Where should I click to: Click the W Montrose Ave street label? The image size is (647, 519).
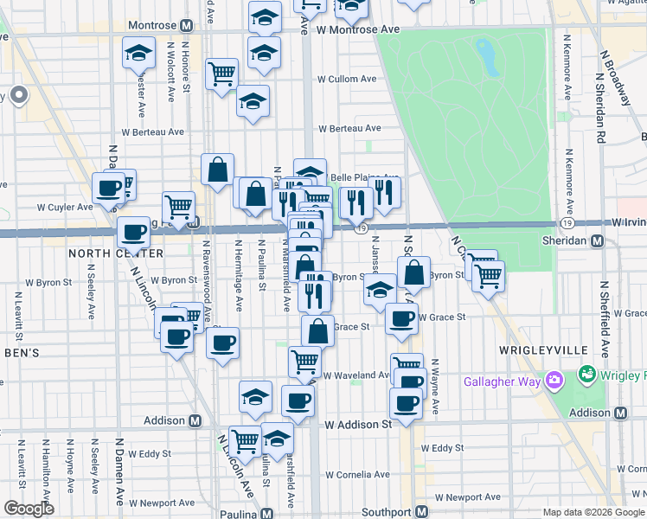pos(357,29)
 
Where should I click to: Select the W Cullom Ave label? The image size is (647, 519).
pos(347,79)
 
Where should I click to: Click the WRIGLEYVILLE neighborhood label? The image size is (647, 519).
pos(543,349)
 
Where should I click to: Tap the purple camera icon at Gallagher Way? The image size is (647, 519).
pos(554,380)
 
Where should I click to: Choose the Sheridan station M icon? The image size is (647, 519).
pos(597,243)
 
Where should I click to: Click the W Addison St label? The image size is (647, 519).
pos(358,425)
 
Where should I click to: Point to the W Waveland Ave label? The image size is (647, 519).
pos(356,375)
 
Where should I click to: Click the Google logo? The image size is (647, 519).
pos(29,508)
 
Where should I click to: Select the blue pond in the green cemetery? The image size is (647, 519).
pos(486,56)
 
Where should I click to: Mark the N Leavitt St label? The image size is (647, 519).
pos(19,311)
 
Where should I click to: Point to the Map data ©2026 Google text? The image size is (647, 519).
pos(593,512)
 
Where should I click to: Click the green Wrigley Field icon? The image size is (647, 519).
pos(588,375)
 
